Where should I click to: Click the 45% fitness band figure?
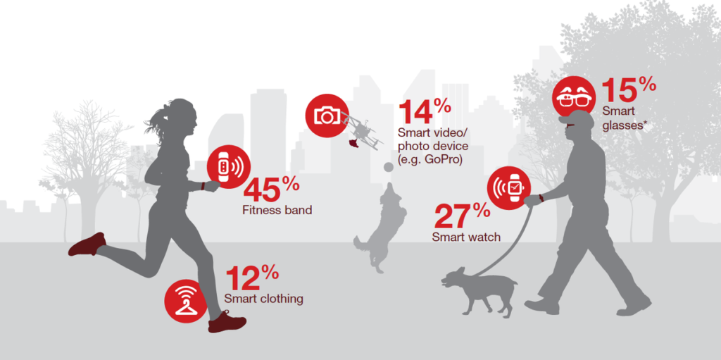(271, 190)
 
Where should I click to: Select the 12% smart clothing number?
(252, 279)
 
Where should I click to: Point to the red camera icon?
(327, 115)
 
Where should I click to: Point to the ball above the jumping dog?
(389, 167)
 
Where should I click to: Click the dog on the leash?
(479, 293)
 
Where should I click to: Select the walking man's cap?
(576, 119)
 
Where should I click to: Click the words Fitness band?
(277, 211)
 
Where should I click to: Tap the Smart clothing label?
(264, 299)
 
